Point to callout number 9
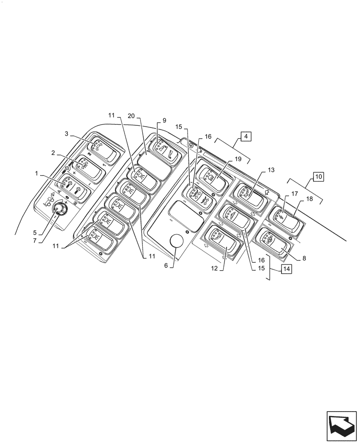point(164,120)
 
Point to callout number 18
point(309,199)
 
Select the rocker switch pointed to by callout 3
point(102,149)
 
